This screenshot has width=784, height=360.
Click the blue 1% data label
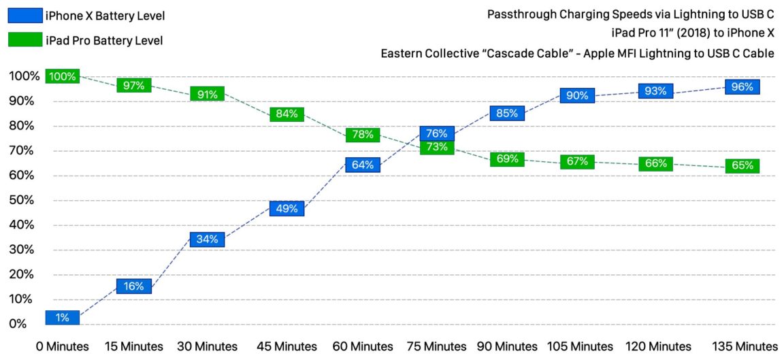[x=63, y=317]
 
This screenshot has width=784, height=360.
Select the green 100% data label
[x=63, y=76]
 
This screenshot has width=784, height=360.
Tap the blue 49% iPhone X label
[x=287, y=209]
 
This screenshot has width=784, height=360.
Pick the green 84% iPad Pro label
[x=287, y=114]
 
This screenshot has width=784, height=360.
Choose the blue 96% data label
[x=742, y=87]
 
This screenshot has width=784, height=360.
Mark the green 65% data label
[x=742, y=165]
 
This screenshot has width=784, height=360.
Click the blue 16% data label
[x=134, y=287]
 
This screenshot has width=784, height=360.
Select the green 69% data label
[x=507, y=159]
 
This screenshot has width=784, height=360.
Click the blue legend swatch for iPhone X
[x=23, y=16]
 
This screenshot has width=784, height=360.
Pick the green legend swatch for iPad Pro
[x=23, y=40]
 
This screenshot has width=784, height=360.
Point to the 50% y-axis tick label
[x=22, y=201]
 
